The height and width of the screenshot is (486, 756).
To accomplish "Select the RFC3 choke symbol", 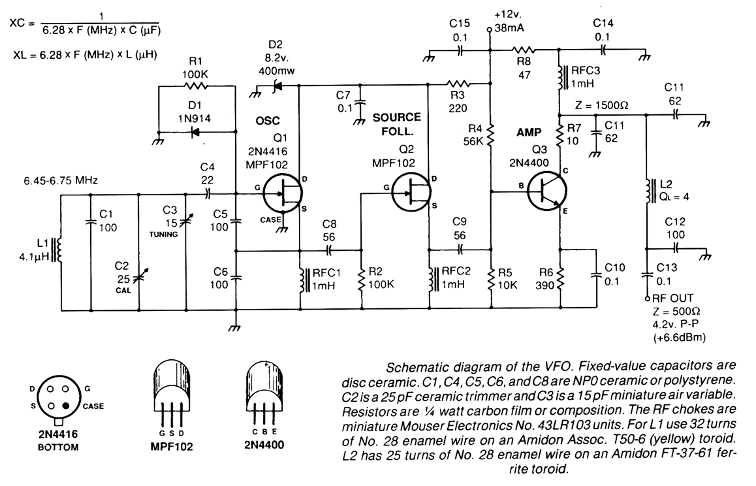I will point(561,78).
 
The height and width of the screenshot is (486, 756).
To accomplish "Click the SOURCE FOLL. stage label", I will point(396,124).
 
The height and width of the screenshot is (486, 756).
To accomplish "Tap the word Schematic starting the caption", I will point(412,366).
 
